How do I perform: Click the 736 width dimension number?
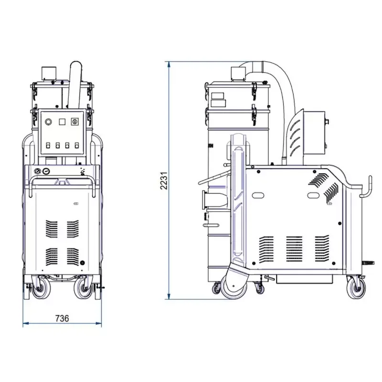(x=62, y=318)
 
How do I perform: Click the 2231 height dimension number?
(x=164, y=180)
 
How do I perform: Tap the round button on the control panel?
(x=49, y=122)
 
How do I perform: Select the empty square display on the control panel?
(x=62, y=122)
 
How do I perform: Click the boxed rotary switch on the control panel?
(x=75, y=122)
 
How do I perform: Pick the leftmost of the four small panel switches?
(x=48, y=146)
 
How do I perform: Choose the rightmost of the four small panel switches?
(x=77, y=146)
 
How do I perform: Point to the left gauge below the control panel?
(x=38, y=171)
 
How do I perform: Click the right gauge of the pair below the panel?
(x=45, y=171)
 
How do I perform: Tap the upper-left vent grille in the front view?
(x=52, y=229)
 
